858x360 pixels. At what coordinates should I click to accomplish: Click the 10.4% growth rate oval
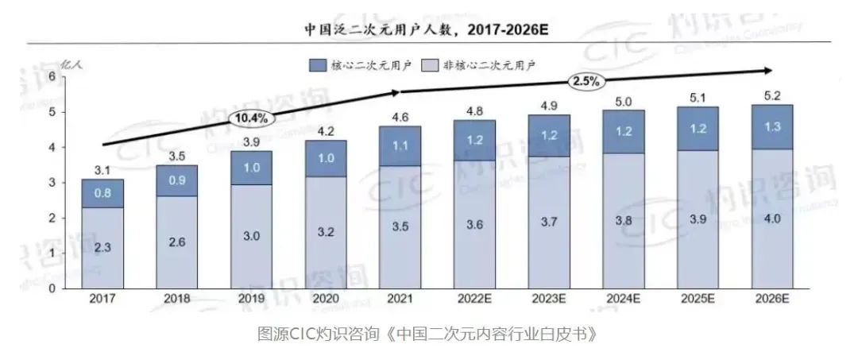253,118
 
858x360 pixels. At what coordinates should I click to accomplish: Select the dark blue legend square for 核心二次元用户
317,64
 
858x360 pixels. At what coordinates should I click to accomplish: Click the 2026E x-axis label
771,301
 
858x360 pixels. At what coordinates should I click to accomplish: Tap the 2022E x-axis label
473,301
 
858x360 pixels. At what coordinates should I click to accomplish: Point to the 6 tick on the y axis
52,76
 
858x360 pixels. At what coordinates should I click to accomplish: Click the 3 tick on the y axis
52,183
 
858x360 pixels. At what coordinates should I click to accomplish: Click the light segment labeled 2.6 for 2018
176,242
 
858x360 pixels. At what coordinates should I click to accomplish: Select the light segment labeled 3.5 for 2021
400,226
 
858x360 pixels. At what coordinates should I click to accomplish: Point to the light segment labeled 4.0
771,219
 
